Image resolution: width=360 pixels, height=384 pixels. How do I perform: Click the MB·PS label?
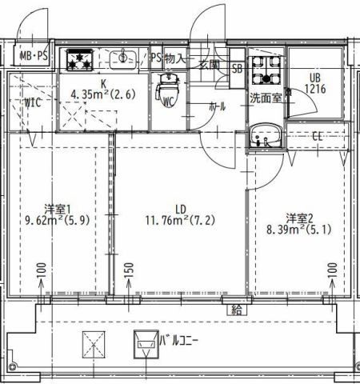pos(34,56)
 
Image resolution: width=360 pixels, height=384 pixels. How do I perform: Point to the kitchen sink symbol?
pos(123,58)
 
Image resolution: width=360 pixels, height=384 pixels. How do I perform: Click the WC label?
pos(169,102)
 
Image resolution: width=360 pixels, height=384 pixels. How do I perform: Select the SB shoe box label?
pos(237,68)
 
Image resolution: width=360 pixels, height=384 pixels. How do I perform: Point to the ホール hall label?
pos(217,106)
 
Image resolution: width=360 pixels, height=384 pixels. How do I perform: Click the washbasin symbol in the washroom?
pos(262,137)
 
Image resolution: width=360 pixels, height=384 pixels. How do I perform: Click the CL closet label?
pos(317,135)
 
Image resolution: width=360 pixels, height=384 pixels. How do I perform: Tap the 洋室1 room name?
pos(54,209)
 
